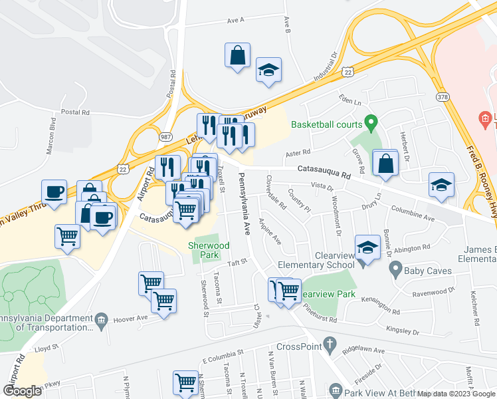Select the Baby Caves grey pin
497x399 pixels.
tap(395, 270)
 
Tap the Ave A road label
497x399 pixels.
tap(236, 21)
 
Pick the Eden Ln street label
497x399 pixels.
tap(349, 102)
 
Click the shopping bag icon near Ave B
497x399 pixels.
tap(238, 56)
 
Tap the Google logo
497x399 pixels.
tap(22, 391)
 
